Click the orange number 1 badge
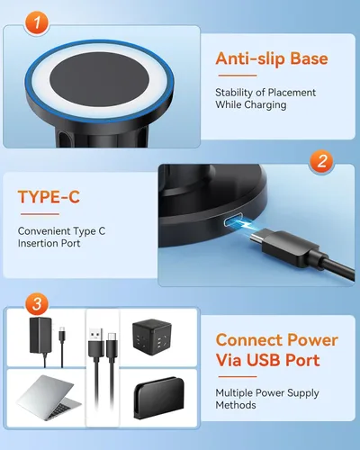click(34, 24)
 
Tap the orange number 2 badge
click(321, 163)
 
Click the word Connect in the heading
click(251, 340)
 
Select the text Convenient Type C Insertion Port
click(61, 238)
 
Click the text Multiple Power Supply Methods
click(266, 399)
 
